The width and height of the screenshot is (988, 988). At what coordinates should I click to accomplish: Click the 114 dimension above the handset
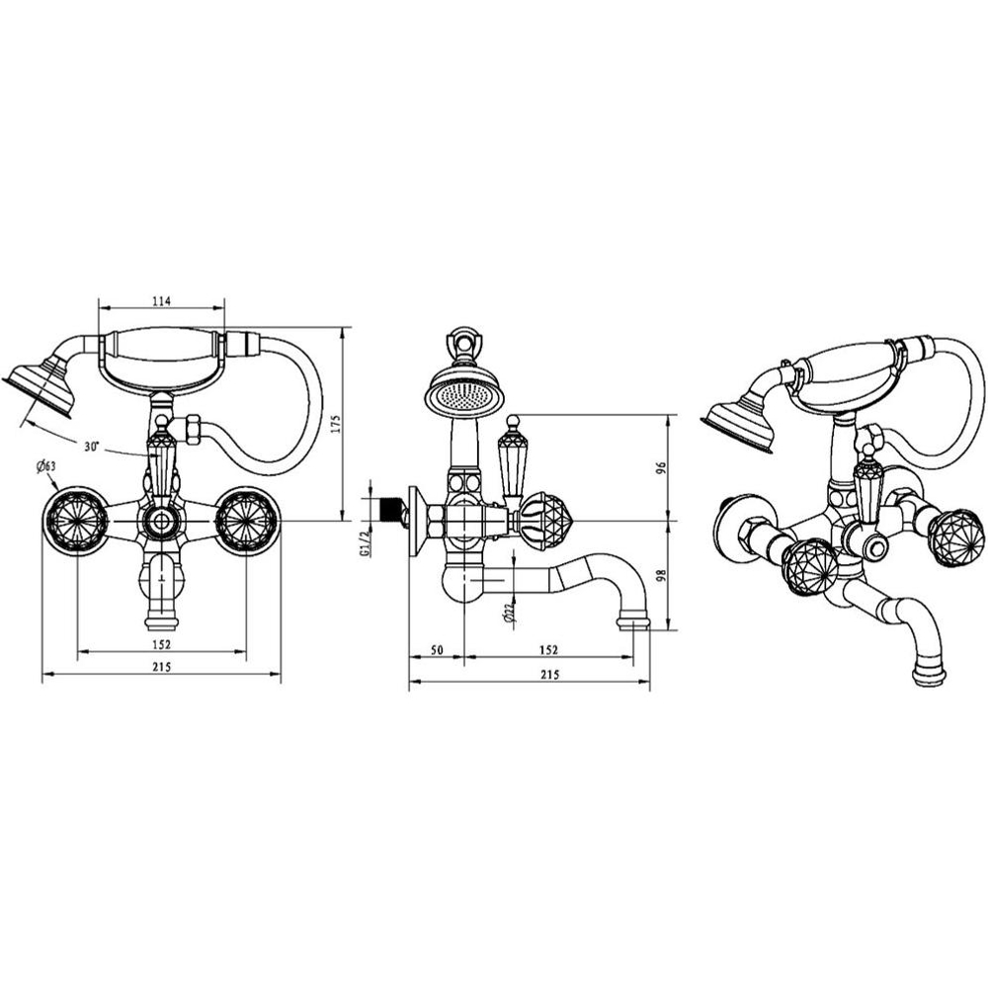point(163,301)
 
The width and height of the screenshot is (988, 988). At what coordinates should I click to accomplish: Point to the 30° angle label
point(92,447)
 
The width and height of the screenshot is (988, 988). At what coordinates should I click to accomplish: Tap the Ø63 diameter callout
point(47,467)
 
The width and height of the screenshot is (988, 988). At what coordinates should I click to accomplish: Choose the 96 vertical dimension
point(661,467)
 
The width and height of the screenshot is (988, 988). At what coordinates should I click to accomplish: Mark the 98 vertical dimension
point(661,575)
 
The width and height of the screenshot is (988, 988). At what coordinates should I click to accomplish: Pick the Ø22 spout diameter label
point(510,615)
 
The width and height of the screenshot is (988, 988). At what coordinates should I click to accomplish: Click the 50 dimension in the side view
point(438,650)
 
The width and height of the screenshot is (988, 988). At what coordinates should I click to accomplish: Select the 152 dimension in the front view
point(162,644)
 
